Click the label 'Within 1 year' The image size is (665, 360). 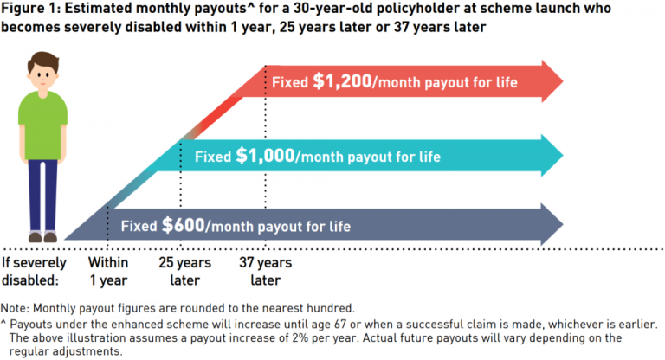(x=108, y=270)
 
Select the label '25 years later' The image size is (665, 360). (x=183, y=270)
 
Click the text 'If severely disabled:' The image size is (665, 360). (x=33, y=270)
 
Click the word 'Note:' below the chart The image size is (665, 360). (x=16, y=308)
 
